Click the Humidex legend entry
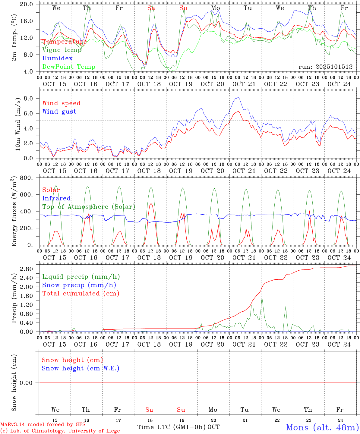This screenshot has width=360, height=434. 57,58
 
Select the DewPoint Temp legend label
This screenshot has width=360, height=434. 69,67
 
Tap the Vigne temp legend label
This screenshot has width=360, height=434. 62,50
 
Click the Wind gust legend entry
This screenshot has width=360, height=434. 59,112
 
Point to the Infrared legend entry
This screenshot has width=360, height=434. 56,198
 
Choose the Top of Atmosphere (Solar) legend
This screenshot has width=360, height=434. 88,207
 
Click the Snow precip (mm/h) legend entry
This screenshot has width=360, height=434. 79,285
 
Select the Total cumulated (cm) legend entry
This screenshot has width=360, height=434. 81,294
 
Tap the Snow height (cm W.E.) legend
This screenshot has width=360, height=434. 80,368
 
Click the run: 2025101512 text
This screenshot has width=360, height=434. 325,67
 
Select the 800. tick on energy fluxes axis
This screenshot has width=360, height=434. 30,178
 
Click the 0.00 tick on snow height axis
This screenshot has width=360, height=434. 29,383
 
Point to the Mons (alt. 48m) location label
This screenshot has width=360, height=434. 322,427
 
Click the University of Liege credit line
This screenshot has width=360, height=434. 60,431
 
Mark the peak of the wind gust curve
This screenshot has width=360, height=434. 238,97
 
